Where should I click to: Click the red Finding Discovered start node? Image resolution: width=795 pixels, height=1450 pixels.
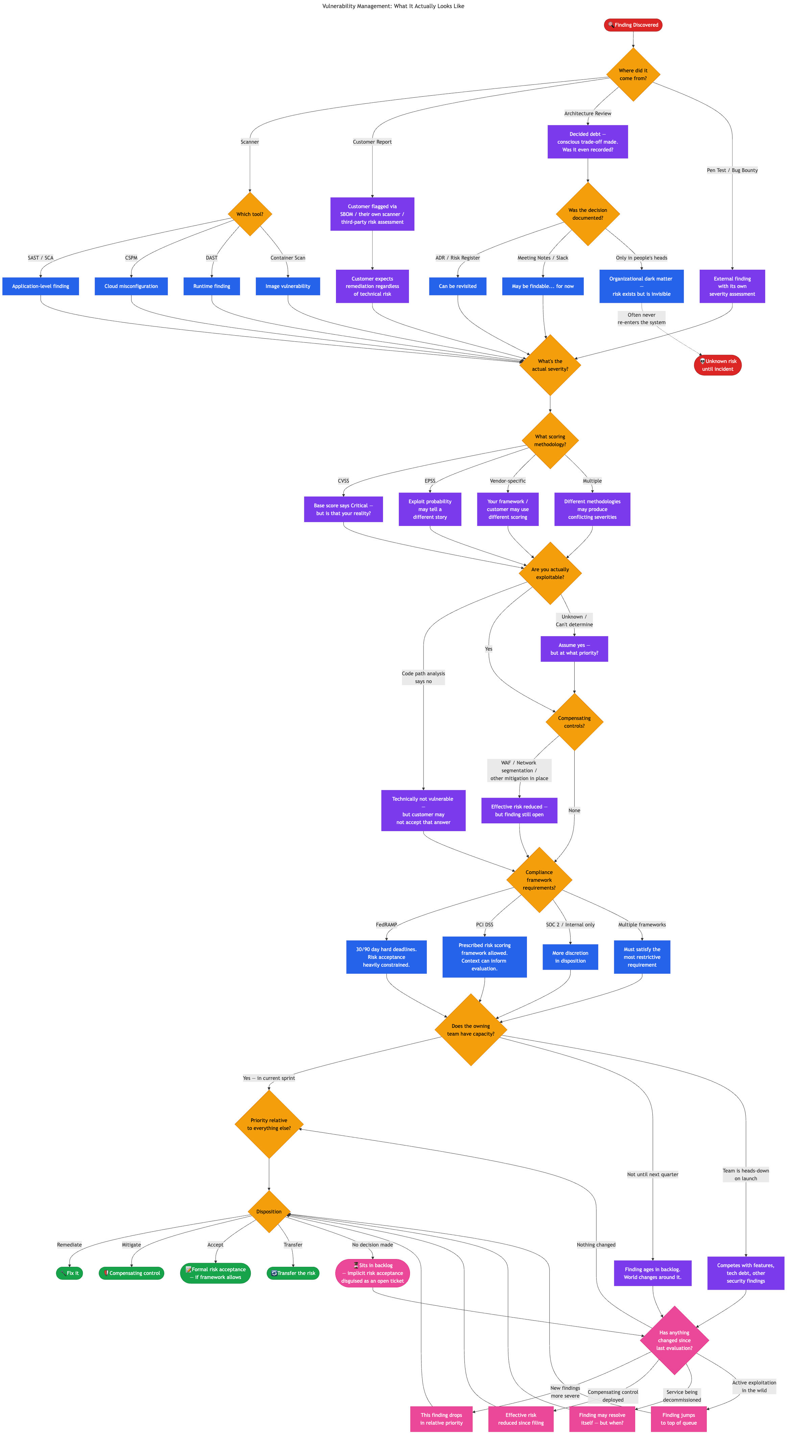click(633, 25)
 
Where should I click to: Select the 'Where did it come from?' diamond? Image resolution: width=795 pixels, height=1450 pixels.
click(633, 75)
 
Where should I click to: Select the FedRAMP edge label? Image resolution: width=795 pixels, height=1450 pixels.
click(386, 925)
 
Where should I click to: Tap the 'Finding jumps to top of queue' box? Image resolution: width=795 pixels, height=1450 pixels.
click(678, 1419)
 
